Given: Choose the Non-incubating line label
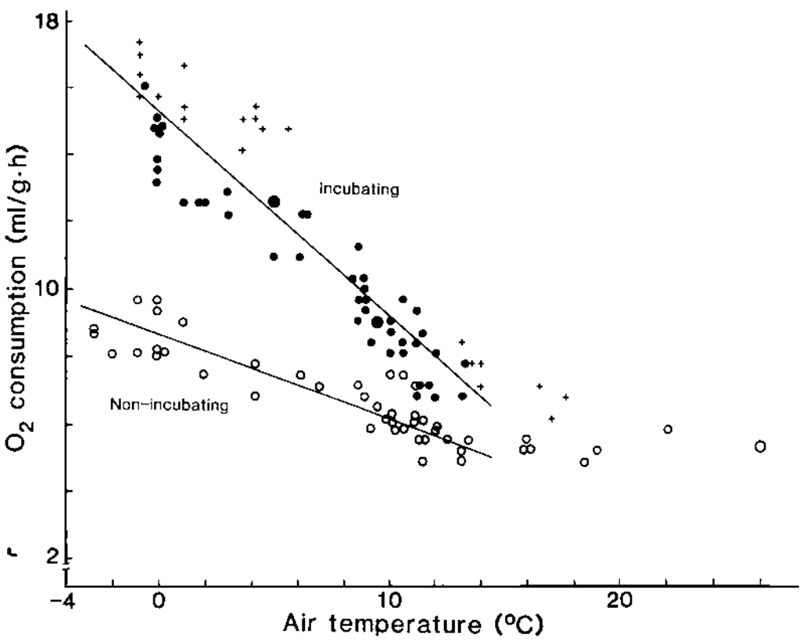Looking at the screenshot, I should tap(168, 405).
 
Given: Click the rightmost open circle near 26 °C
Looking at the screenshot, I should tap(760, 446).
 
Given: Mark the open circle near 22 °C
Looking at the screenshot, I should tap(668, 429).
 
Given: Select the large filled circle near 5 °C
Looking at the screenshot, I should tap(274, 202).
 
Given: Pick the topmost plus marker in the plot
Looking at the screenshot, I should tap(140, 42).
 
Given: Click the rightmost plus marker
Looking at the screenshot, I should tap(566, 397).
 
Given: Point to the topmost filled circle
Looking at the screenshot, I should tap(145, 86).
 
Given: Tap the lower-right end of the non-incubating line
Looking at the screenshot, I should tap(492, 457).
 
